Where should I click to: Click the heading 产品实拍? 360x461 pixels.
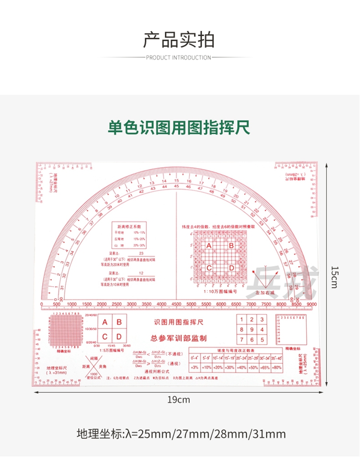[179, 40]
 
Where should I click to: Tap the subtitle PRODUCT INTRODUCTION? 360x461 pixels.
[179, 58]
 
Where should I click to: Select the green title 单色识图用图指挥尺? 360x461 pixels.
[179, 128]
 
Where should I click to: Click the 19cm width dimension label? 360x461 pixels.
[179, 400]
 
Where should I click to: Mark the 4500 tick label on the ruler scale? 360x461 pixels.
[176, 304]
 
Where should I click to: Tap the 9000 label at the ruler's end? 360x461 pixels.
[312, 304]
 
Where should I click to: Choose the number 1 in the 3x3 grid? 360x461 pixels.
[243, 320]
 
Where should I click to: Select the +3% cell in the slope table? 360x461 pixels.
[195, 367]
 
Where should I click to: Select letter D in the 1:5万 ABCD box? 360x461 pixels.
[120, 336]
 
